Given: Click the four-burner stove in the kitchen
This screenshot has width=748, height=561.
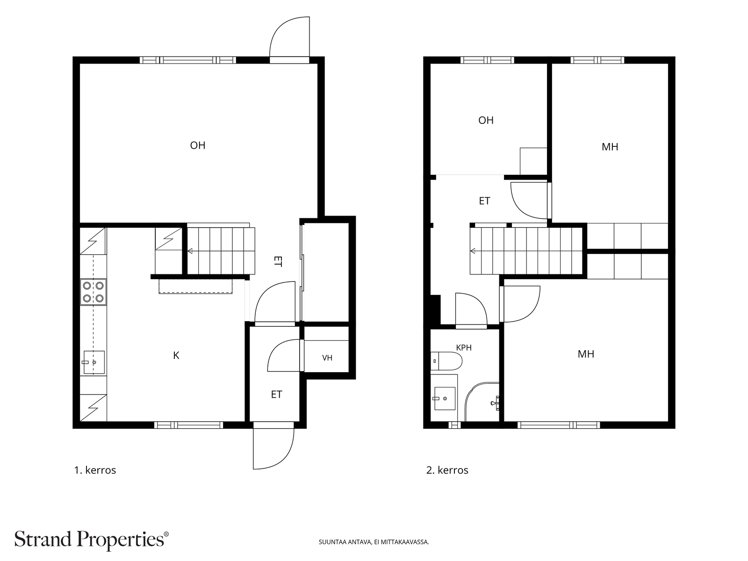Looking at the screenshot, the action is pos(93,292).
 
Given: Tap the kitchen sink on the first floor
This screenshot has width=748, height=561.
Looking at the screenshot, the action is pos(94,362).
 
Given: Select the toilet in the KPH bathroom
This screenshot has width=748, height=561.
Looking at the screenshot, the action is pos(446,361).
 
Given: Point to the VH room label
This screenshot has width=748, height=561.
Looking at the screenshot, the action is pos(327,358).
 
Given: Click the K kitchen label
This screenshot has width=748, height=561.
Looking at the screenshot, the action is pos(176,356).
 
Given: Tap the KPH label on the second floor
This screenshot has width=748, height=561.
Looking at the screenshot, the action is pos(464,348).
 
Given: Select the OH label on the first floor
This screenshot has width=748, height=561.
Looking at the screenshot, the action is pos(198,145).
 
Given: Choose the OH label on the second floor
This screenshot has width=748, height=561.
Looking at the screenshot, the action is pos(486,120).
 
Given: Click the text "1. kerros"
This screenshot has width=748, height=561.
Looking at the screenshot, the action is pos(95,470).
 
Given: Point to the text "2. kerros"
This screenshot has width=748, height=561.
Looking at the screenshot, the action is pos(447,470).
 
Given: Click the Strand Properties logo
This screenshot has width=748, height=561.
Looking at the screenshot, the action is pos(91,540).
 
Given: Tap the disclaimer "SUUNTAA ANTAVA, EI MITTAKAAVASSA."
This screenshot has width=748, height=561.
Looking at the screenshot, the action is pos(374,542).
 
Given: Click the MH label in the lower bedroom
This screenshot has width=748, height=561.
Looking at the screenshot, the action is pos(586,354).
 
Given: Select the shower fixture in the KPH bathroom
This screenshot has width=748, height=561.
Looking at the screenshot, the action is pos(495,403).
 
